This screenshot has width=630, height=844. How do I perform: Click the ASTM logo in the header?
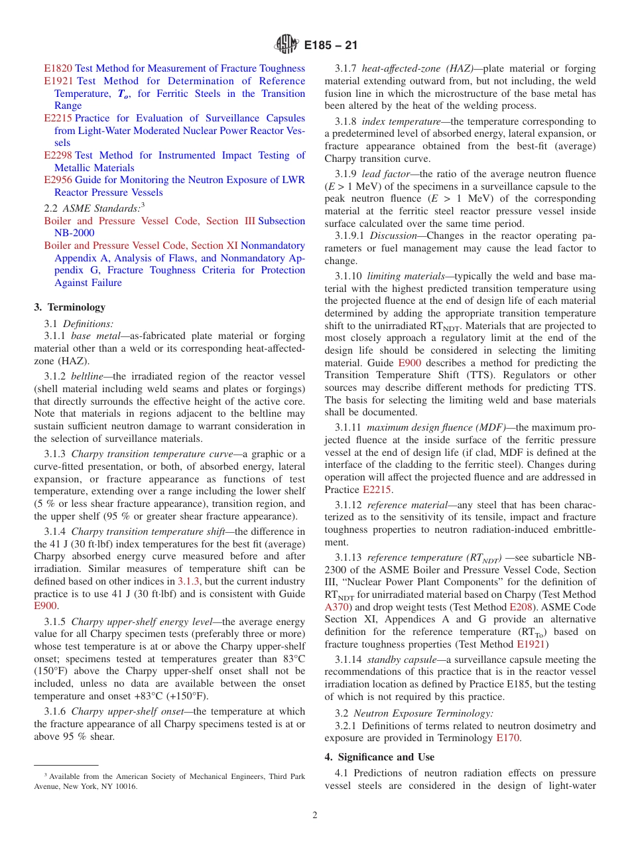point(286,44)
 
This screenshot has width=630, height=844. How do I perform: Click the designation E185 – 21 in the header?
point(331,45)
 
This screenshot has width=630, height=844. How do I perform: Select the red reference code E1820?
point(58,68)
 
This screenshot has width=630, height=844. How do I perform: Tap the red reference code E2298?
point(58,155)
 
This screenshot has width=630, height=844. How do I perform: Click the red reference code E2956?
point(58,180)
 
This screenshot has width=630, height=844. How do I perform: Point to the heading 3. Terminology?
point(70,307)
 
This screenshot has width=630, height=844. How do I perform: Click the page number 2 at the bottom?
point(315,815)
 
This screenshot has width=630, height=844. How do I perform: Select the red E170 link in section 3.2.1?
point(507,738)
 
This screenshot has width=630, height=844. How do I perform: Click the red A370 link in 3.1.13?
point(336,607)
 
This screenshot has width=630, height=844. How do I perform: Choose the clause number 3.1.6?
point(55,711)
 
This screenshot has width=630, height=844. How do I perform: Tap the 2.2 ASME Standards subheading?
point(93,208)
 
